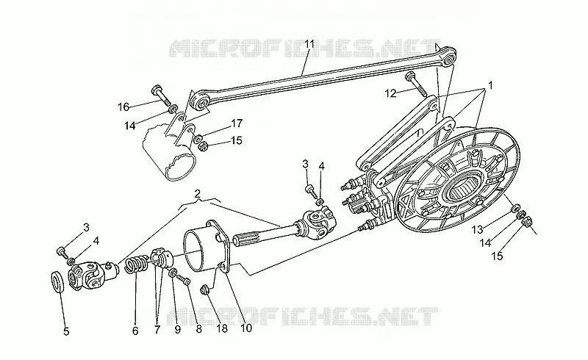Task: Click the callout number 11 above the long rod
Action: [309, 45]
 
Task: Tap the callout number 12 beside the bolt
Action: [390, 93]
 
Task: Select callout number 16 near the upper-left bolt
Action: [123, 107]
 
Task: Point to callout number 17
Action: [237, 123]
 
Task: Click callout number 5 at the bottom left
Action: [66, 331]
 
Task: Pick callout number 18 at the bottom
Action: [222, 329]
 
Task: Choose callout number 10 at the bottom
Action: [246, 328]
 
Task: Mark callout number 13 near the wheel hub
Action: [477, 228]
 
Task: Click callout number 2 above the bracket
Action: [197, 193]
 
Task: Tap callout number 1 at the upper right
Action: [490, 86]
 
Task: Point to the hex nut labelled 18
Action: [205, 290]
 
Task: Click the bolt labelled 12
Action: [417, 83]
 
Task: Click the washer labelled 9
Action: [173, 273]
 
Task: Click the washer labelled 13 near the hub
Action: [516, 207]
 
